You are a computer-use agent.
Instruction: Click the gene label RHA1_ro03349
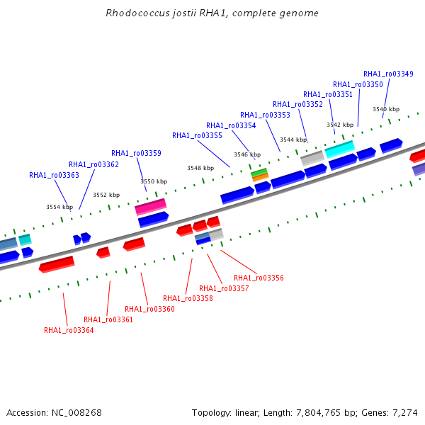click(388, 74)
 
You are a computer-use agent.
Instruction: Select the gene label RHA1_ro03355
click(197, 135)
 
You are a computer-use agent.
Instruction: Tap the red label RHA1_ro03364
click(69, 330)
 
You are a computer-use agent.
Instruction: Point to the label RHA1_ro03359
click(136, 153)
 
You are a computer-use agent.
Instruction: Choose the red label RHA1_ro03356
click(259, 278)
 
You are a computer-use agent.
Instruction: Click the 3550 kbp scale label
click(154, 181)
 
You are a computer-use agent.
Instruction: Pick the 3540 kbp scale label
click(386, 109)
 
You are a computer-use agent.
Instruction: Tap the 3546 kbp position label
click(247, 154)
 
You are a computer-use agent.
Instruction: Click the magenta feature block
click(151, 207)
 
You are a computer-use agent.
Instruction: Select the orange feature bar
click(261, 177)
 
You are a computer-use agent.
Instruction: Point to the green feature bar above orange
click(259, 172)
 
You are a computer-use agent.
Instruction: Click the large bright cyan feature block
click(340, 149)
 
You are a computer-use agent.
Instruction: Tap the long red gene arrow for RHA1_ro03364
click(57, 264)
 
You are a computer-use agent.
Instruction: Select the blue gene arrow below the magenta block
click(154, 220)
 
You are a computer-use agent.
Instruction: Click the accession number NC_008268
click(76, 413)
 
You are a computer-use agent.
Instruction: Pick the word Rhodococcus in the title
click(137, 13)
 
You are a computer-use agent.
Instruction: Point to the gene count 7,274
click(405, 413)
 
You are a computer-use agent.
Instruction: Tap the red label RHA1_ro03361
click(108, 319)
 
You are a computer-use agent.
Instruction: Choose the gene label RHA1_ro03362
click(93, 164)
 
